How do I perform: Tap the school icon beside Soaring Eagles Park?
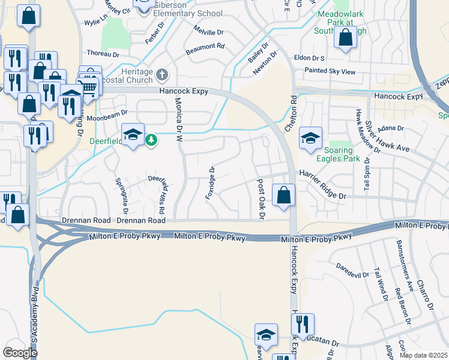pos(310,139)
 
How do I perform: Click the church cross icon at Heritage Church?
pos(161,75)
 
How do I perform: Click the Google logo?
pos(20,352)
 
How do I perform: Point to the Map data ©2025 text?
pos(423,355)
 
